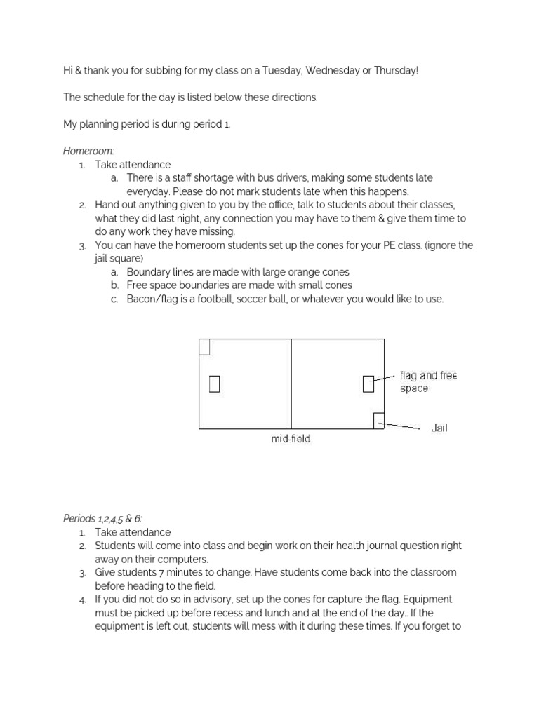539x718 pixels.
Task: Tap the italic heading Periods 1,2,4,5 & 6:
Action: click(x=102, y=519)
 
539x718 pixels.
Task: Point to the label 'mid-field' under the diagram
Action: click(x=291, y=440)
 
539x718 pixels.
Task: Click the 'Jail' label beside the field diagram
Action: click(x=439, y=428)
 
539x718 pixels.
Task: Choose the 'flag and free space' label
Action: click(x=427, y=381)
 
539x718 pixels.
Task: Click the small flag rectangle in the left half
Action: click(x=214, y=384)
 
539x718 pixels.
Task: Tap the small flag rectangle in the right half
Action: click(x=368, y=384)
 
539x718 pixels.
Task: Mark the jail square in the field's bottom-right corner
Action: click(x=379, y=420)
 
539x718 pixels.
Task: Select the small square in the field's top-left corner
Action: click(x=204, y=347)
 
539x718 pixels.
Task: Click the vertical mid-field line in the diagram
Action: click(x=291, y=384)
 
